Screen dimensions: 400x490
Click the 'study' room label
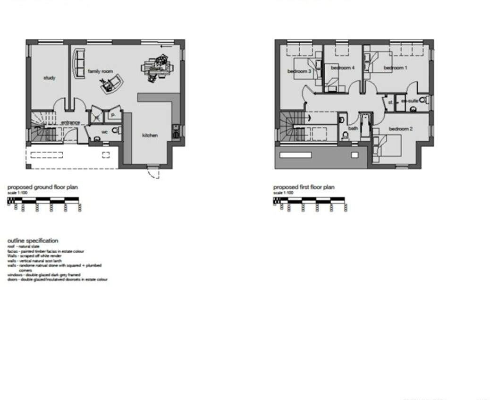point(49,78)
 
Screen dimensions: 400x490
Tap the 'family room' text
point(100,71)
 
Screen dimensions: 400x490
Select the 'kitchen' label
point(150,136)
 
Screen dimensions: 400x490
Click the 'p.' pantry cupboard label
point(113,115)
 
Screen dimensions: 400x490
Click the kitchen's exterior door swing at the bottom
point(154,173)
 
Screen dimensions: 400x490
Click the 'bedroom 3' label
point(299,71)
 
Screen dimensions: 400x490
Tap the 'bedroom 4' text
point(342,68)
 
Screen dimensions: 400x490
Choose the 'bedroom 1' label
point(395,68)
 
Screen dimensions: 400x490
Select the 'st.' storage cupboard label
point(390,102)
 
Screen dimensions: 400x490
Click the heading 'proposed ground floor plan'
point(42,187)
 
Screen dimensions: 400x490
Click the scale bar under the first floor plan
point(309,201)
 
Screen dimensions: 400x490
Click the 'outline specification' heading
point(33,241)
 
